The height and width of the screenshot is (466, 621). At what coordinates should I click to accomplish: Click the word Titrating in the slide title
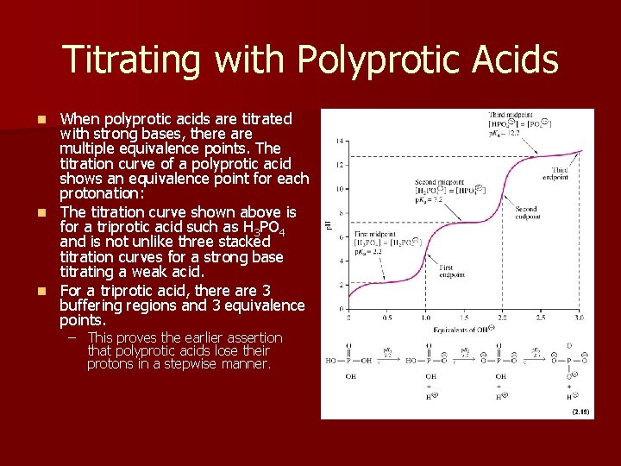coord(132,60)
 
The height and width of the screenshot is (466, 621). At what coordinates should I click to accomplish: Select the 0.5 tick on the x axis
coord(386,318)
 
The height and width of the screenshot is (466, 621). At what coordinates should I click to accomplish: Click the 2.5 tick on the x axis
coord(540,318)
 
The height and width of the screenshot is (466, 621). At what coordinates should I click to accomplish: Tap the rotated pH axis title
coord(328,225)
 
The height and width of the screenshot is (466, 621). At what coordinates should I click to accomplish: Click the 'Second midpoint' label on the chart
coord(438,182)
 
